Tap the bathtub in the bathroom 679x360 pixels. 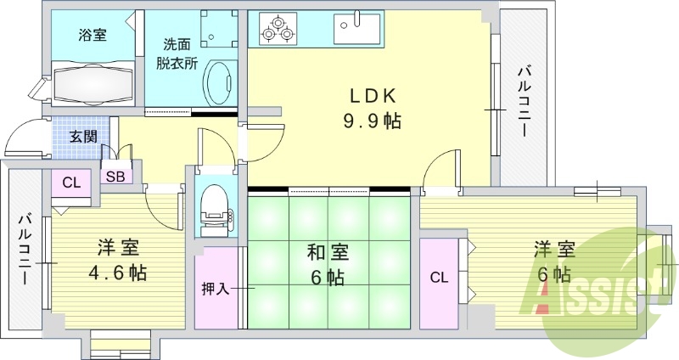94,83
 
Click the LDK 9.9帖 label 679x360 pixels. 372,107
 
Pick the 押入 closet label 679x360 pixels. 216,289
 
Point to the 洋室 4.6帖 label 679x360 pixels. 118,260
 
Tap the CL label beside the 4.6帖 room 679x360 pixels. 71,182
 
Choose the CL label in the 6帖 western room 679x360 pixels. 438,277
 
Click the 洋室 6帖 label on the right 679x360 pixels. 554,262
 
